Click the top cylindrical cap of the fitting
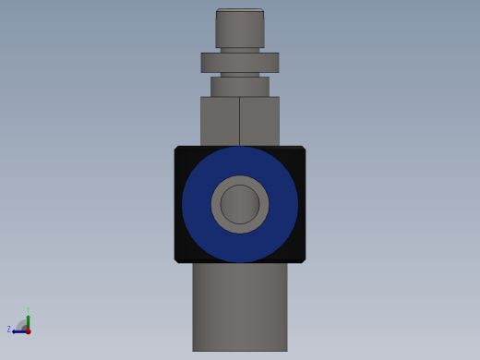(x=240, y=28)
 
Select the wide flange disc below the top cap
(x=240, y=62)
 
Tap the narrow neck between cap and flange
(x=240, y=50)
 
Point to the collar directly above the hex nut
(x=240, y=86)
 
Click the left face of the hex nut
(x=220, y=121)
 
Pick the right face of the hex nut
(x=259, y=121)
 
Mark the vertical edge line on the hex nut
(x=240, y=121)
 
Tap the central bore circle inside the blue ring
(x=240, y=204)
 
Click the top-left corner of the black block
(x=177, y=149)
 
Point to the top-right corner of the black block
(x=303, y=149)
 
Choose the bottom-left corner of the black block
(x=177, y=260)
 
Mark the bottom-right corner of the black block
(x=303, y=260)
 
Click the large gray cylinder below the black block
(x=240, y=306)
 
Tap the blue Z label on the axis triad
(x=9, y=330)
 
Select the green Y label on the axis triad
(x=28, y=311)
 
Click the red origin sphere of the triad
(x=28, y=330)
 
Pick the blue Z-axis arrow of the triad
(x=18, y=330)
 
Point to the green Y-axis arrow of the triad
(x=28, y=320)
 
